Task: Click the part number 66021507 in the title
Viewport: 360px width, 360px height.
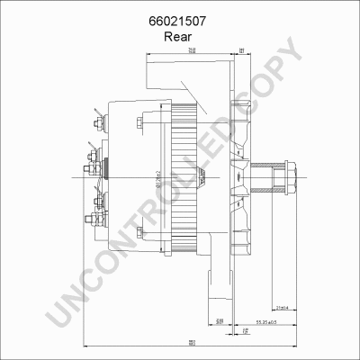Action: (x=180, y=19)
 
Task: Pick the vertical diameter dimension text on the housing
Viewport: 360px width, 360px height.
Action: (x=159, y=175)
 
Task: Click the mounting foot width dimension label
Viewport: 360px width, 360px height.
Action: (x=219, y=321)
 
